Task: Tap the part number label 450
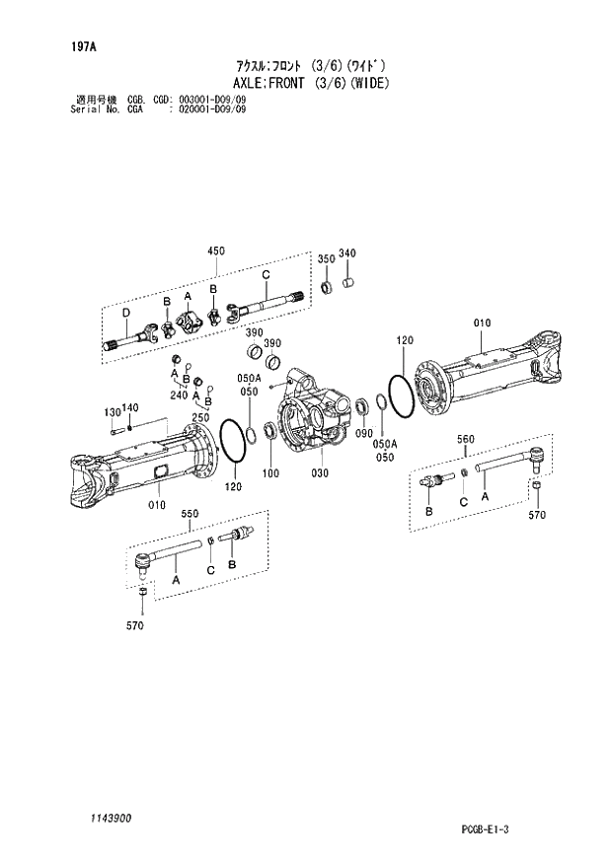[215, 252]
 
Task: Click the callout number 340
[346, 254]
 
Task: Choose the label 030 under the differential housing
[318, 473]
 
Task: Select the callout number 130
[112, 411]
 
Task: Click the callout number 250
[200, 418]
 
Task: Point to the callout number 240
[177, 395]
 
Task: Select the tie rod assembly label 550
[191, 514]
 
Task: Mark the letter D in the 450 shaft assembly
[125, 314]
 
